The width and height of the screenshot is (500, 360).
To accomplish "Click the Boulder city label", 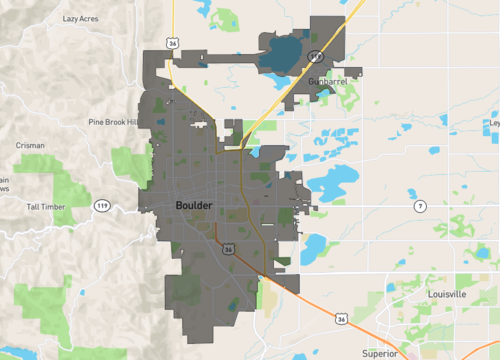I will pyautogui.click(x=194, y=205).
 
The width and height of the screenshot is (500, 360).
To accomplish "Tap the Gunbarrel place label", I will pyautogui.click(x=328, y=80).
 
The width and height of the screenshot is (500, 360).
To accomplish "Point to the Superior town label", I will pyautogui.click(x=380, y=353).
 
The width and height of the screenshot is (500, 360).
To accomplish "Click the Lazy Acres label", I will pyautogui.click(x=80, y=19).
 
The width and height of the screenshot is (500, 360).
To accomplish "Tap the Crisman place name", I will pyautogui.click(x=30, y=145).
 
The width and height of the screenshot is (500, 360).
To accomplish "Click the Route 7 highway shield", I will pyautogui.click(x=420, y=206).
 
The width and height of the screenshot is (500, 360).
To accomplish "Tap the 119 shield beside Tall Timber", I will pyautogui.click(x=103, y=205).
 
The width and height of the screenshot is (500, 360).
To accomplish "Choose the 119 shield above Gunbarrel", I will pyautogui.click(x=316, y=56).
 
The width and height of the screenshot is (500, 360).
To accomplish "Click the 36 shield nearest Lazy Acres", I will pyautogui.click(x=174, y=45).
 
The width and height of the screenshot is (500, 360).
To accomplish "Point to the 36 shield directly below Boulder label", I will pyautogui.click(x=229, y=249).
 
